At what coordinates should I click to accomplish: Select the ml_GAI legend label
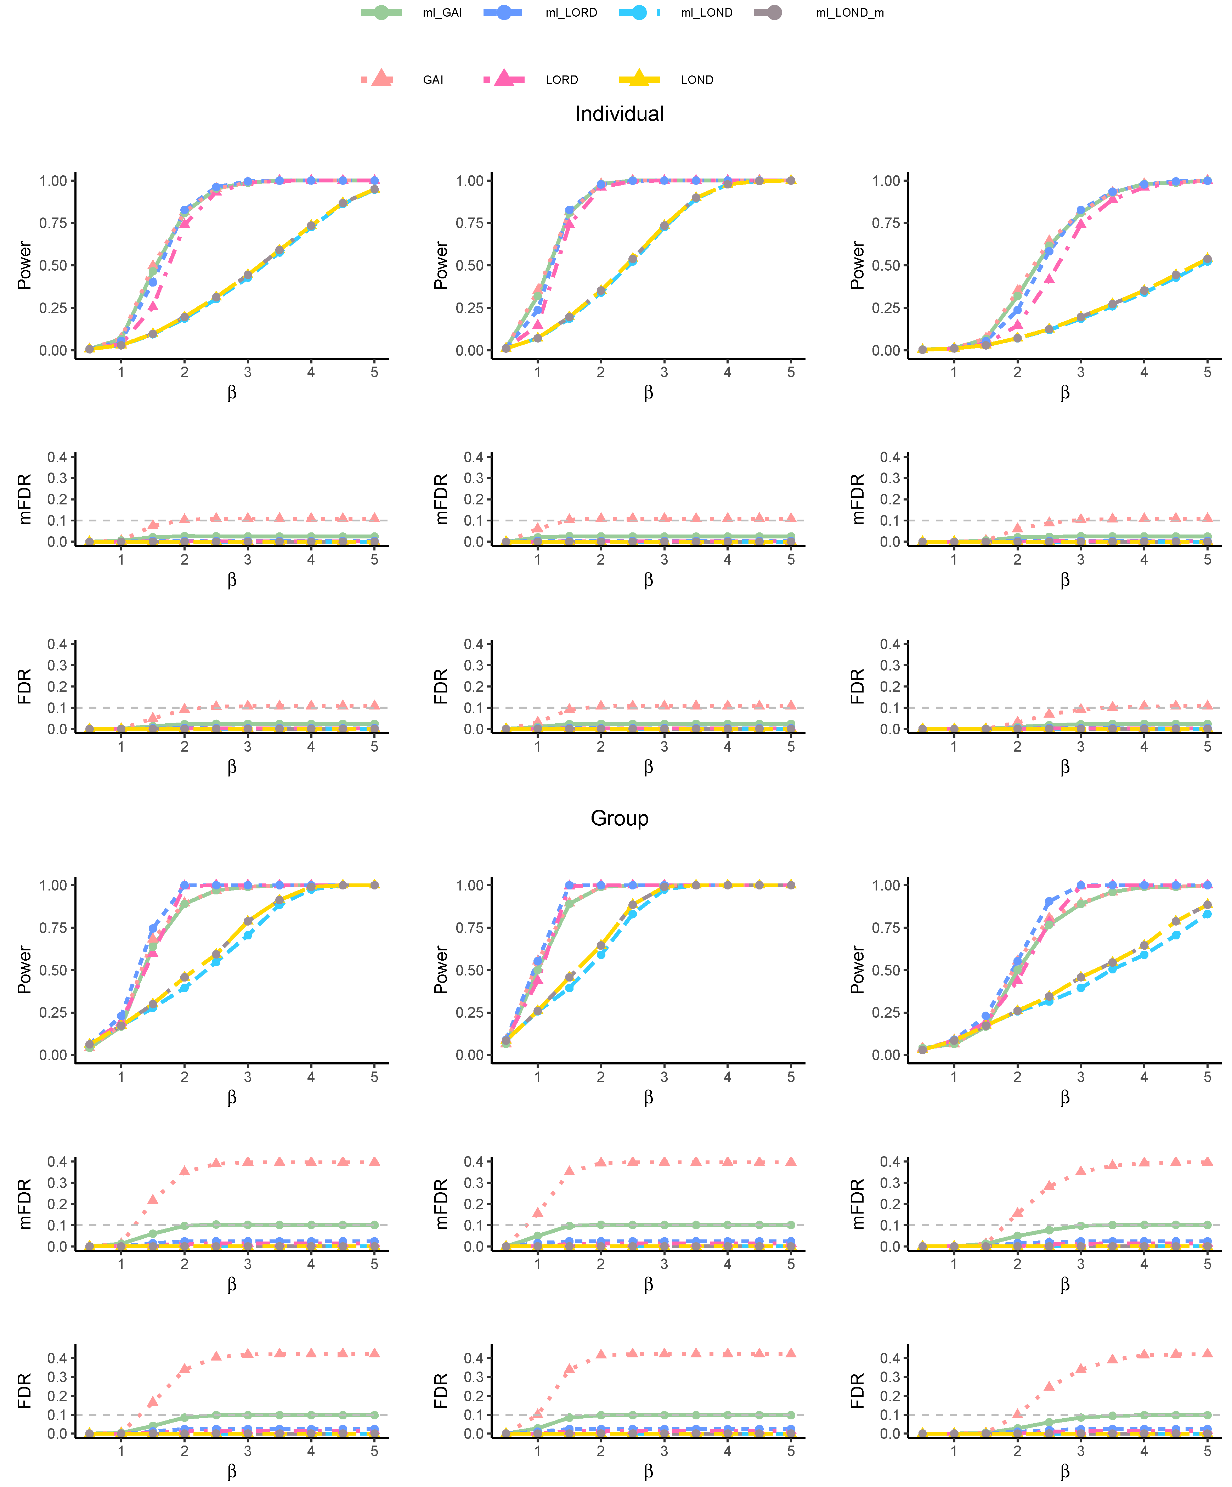click(442, 13)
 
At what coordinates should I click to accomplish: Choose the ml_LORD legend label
click(571, 13)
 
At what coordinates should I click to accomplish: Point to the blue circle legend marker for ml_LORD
click(503, 13)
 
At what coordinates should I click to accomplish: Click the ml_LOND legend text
click(706, 13)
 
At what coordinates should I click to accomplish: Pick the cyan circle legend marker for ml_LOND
click(639, 13)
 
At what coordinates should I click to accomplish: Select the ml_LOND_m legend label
click(849, 13)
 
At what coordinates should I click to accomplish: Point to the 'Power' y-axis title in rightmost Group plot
click(858, 970)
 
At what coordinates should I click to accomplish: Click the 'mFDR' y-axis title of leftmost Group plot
click(25, 1204)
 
